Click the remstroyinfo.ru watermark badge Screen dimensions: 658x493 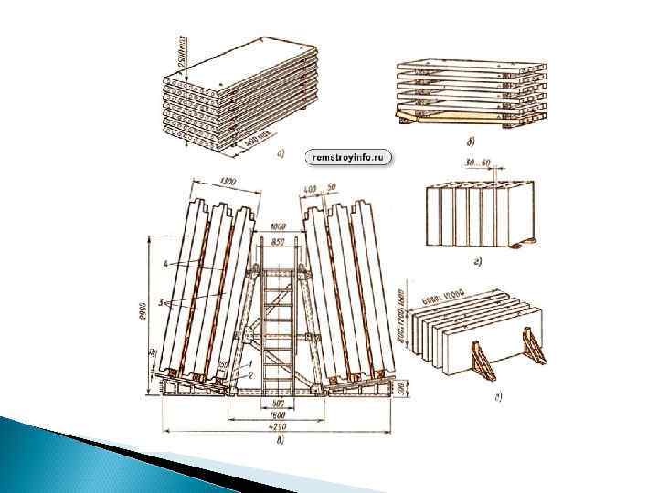(347, 157)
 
